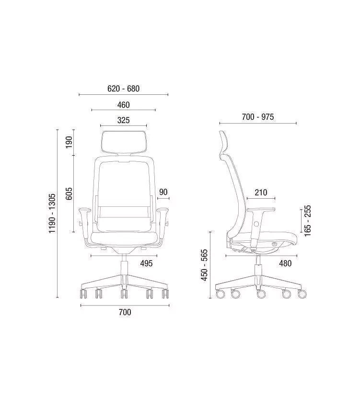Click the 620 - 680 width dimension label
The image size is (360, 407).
(x=124, y=89)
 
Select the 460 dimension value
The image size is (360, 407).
(x=124, y=105)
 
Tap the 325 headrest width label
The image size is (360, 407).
(x=124, y=120)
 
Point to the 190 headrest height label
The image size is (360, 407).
(x=69, y=142)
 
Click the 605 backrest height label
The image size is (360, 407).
(x=69, y=193)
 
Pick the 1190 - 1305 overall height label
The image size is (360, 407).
(x=52, y=214)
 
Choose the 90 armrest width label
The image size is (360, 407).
(x=163, y=192)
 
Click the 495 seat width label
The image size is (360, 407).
(x=146, y=263)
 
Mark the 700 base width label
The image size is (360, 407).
(x=125, y=312)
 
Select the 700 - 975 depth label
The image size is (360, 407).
(x=258, y=117)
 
